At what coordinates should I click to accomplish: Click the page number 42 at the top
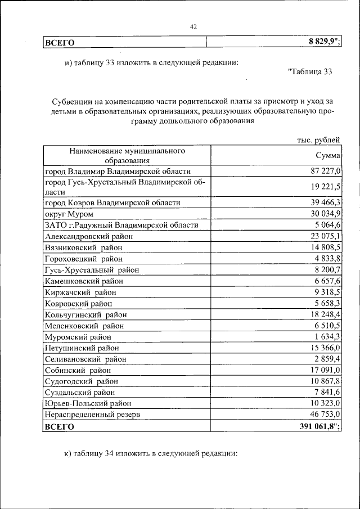click(x=193, y=26)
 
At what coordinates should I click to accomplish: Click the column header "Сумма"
click(x=327, y=156)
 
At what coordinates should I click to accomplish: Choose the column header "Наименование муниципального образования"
click(x=128, y=156)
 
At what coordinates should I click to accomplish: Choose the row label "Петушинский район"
click(x=82, y=348)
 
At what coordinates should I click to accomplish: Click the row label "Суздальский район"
click(x=79, y=393)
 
